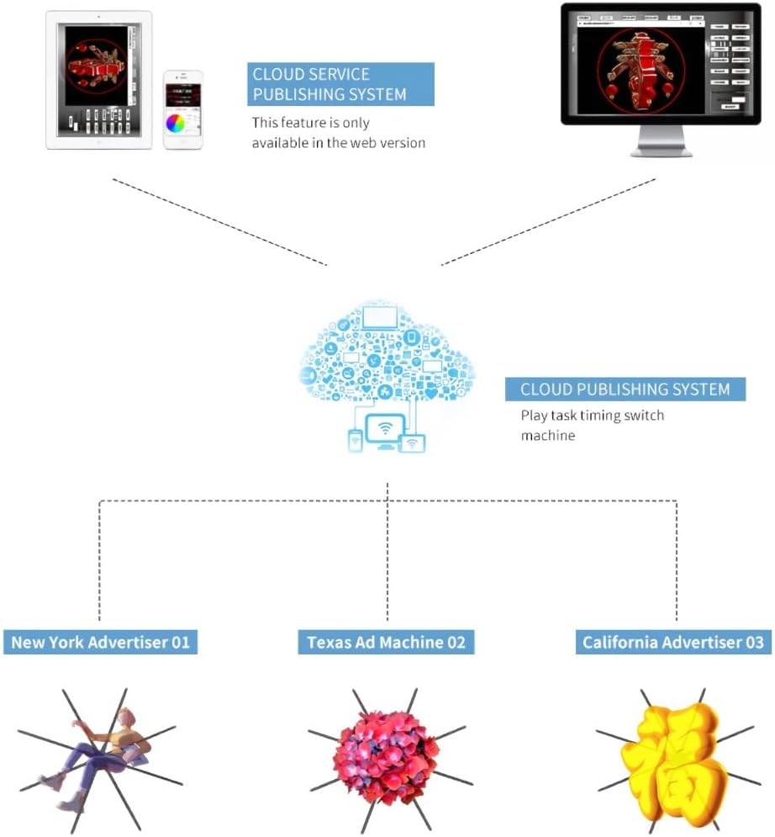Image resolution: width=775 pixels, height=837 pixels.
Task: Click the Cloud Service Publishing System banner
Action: pyautogui.click(x=341, y=83)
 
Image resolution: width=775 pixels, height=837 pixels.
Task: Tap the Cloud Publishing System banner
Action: pyautogui.click(x=625, y=389)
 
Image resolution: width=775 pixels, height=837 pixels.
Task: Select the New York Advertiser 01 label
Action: pyautogui.click(x=100, y=643)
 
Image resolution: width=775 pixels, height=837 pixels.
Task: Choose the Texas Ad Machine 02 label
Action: pyautogui.click(x=386, y=643)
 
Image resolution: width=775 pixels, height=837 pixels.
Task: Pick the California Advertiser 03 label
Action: pyautogui.click(x=672, y=643)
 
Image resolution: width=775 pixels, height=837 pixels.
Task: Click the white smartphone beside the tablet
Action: pyautogui.click(x=183, y=109)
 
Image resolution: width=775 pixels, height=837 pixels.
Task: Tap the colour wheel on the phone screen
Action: pyautogui.click(x=176, y=124)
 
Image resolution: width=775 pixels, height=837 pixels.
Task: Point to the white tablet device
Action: pyautogui.click(x=98, y=80)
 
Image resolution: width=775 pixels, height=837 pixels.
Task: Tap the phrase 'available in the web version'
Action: pyautogui.click(x=339, y=142)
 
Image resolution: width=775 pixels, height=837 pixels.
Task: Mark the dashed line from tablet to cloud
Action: pyautogui.click(x=219, y=220)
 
